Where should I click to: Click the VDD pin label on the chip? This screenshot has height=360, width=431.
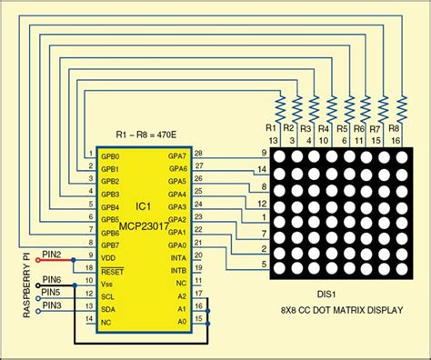click(108, 258)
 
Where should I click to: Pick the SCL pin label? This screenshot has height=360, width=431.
click(107, 296)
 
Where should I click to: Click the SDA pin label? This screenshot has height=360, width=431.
click(108, 309)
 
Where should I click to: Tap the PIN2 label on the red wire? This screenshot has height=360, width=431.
click(51, 254)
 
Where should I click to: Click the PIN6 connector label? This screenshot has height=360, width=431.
click(51, 279)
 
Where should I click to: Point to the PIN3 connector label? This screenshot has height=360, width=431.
click(51, 305)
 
